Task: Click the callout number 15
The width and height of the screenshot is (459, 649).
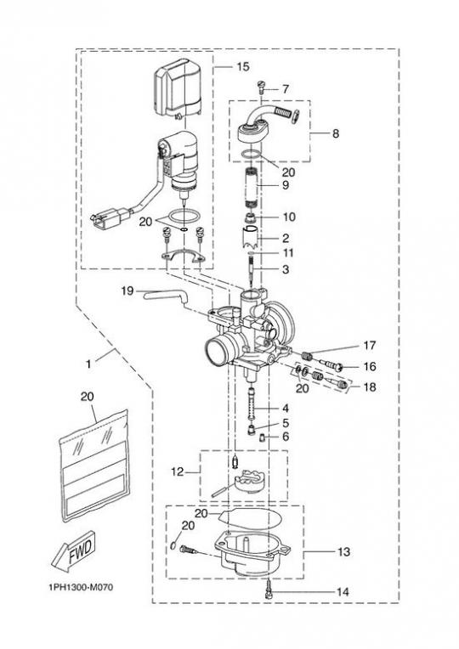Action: (x=243, y=66)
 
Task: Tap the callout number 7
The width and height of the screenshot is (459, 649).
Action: (x=285, y=89)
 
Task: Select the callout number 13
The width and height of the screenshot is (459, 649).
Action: (x=344, y=551)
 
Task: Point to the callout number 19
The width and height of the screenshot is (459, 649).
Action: (x=127, y=291)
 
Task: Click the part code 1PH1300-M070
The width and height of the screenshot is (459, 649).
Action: (x=81, y=587)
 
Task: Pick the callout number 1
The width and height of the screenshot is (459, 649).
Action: (x=88, y=364)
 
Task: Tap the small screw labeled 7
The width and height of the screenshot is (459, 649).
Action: (x=261, y=87)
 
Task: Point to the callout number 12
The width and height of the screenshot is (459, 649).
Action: (x=178, y=471)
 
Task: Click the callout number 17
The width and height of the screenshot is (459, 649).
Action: (x=369, y=345)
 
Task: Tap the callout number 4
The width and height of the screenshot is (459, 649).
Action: (x=285, y=409)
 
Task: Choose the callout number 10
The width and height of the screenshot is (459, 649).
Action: (x=290, y=217)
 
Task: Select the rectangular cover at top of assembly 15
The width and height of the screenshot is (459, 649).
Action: (x=178, y=87)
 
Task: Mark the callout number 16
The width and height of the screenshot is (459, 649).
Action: (x=369, y=366)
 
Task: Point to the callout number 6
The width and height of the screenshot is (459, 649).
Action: (x=285, y=437)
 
